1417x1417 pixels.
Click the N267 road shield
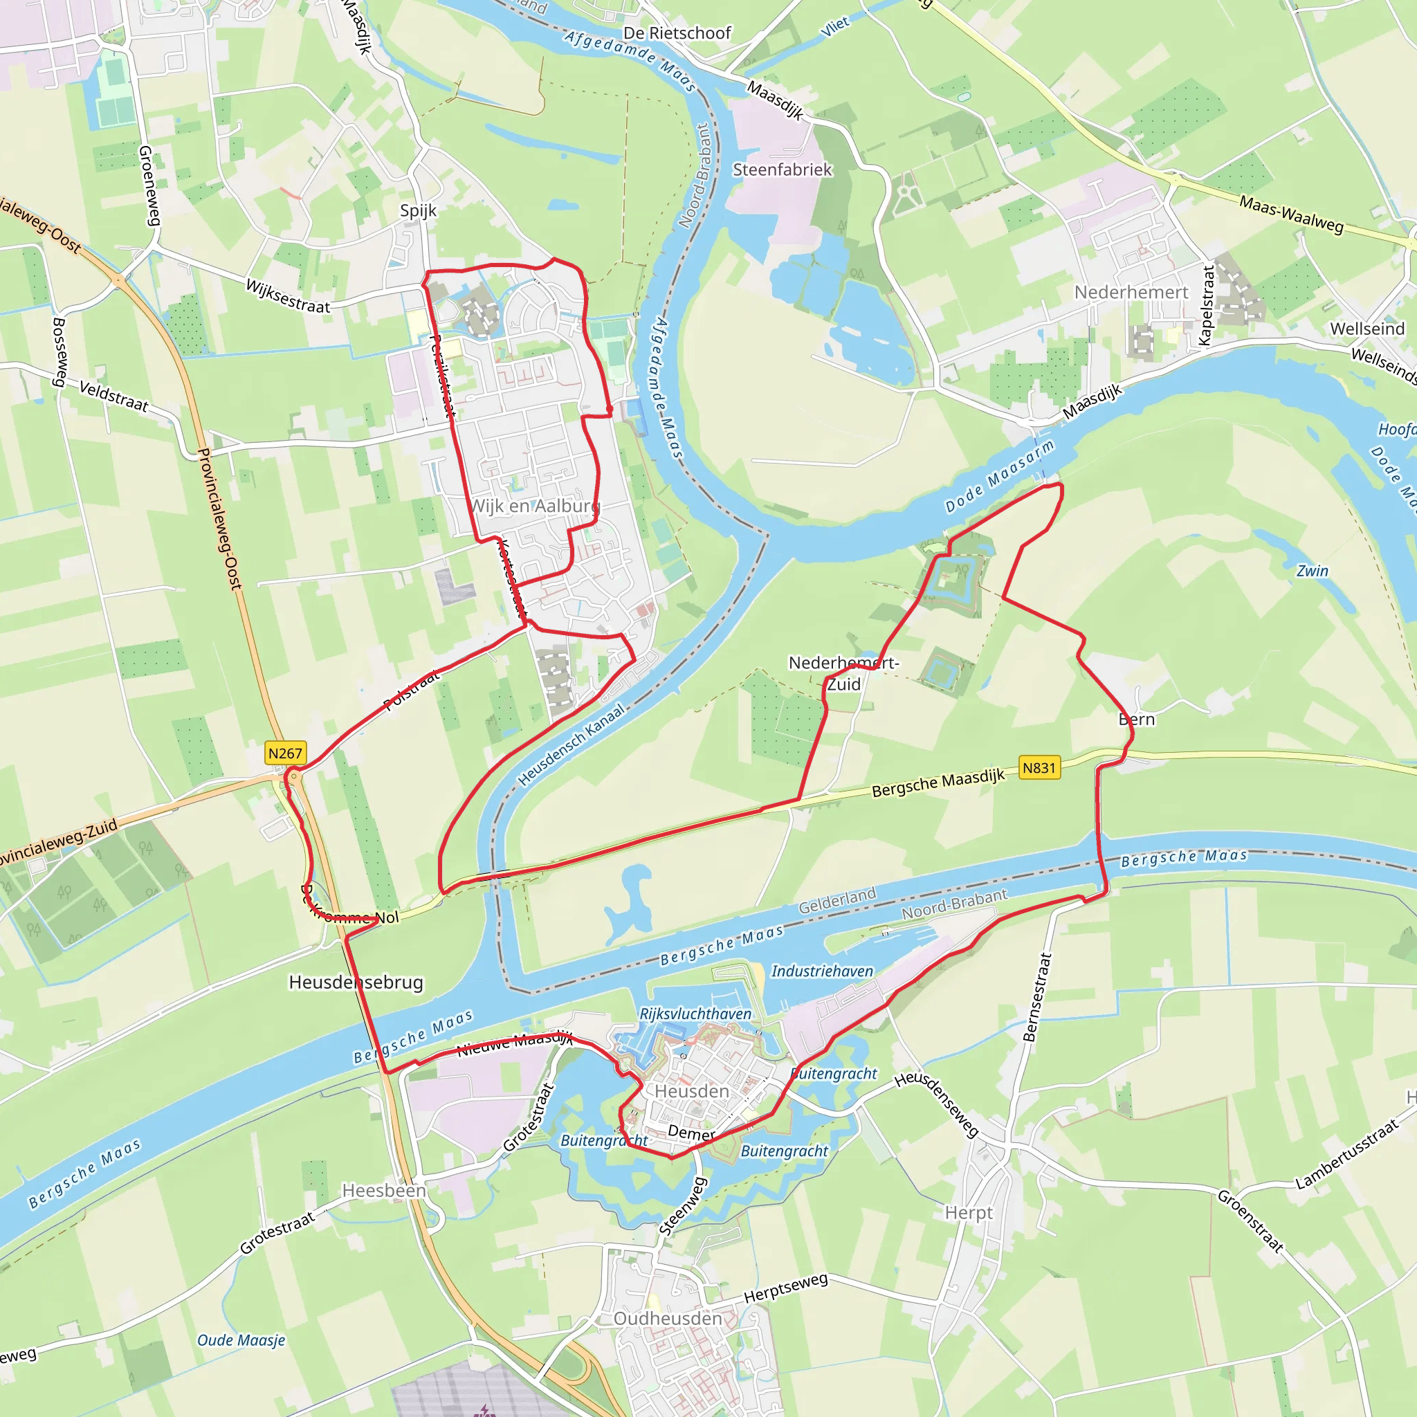pos(285,753)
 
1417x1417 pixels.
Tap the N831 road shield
pos(1039,768)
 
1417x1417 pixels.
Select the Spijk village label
pos(418,211)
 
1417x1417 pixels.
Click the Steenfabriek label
pos(783,170)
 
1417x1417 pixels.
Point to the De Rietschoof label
pos(677,33)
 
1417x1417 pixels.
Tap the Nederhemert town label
pos(1131,293)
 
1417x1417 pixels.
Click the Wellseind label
pos(1367,329)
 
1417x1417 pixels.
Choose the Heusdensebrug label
pos(356,982)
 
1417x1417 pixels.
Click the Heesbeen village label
pos(383,1190)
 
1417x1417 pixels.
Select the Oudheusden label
pos(668,1319)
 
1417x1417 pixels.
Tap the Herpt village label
pos(968,1213)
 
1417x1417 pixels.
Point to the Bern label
pos(1136,720)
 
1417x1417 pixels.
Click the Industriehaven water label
pos(822,971)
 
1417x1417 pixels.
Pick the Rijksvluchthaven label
pos(695,1014)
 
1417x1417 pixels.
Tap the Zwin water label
pos(1312,571)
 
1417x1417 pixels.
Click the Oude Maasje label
pos(241,1341)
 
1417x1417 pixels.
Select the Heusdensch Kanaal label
pos(572,745)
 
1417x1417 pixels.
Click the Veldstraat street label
pos(113,396)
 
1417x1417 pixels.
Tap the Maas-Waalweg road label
pos(1291,213)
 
